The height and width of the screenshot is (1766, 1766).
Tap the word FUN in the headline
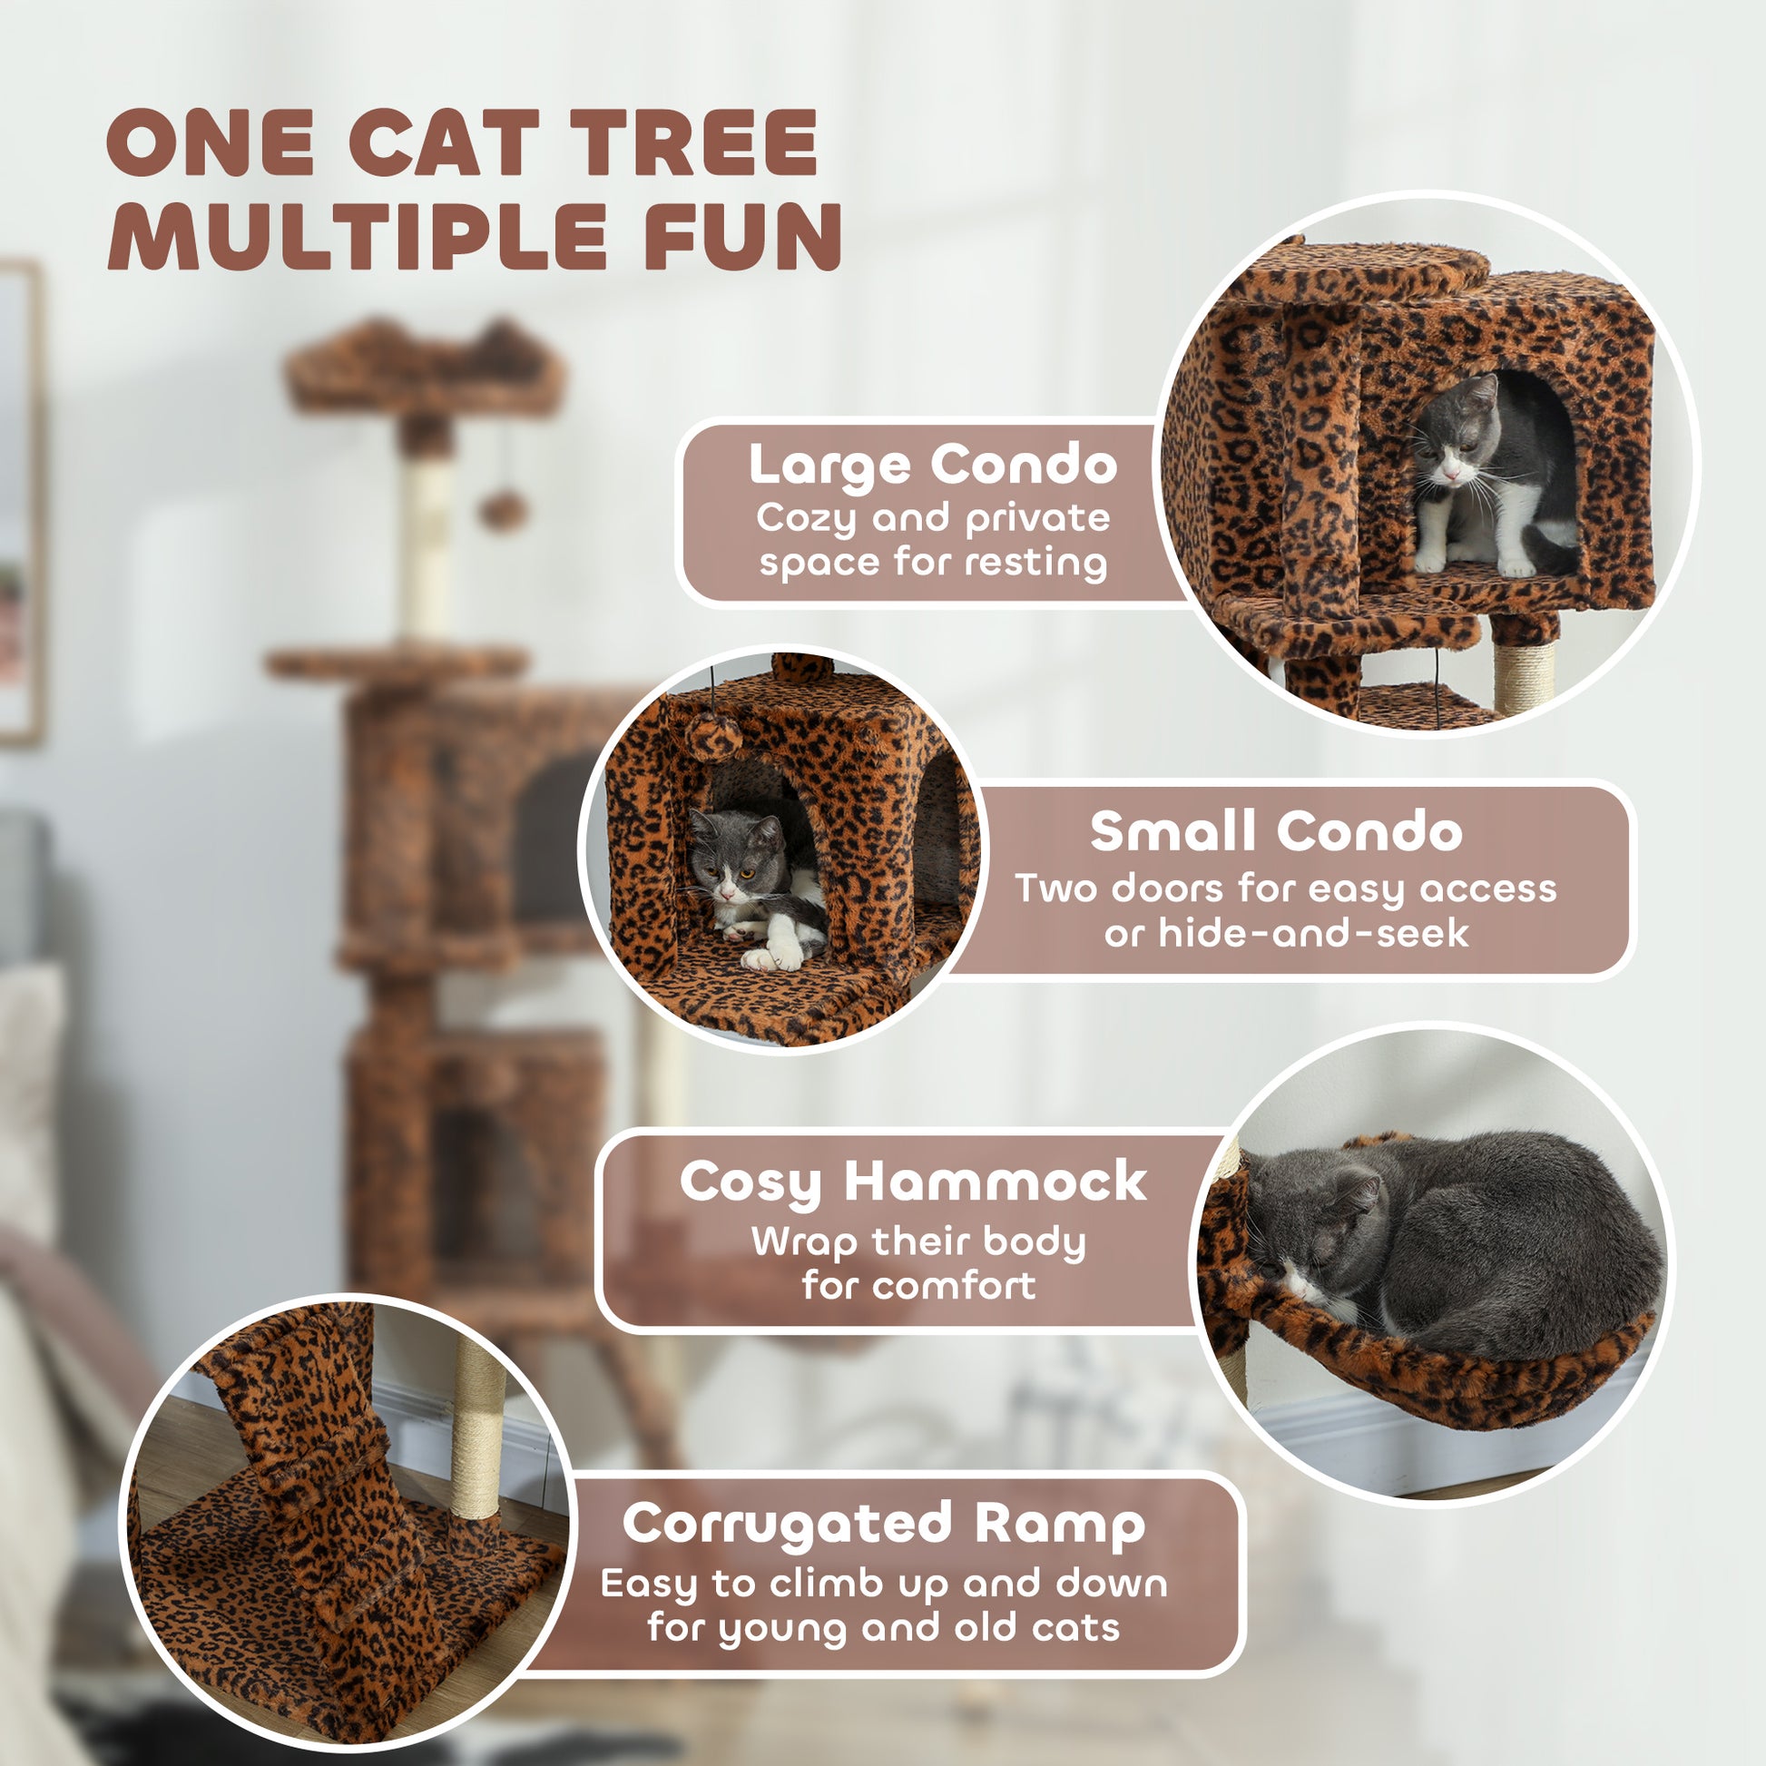(743, 237)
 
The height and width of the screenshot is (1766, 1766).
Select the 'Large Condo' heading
(932, 466)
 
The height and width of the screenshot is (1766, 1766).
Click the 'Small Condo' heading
(1276, 832)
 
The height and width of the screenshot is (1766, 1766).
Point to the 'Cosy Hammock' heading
(912, 1183)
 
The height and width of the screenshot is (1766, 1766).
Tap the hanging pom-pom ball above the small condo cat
(713, 737)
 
